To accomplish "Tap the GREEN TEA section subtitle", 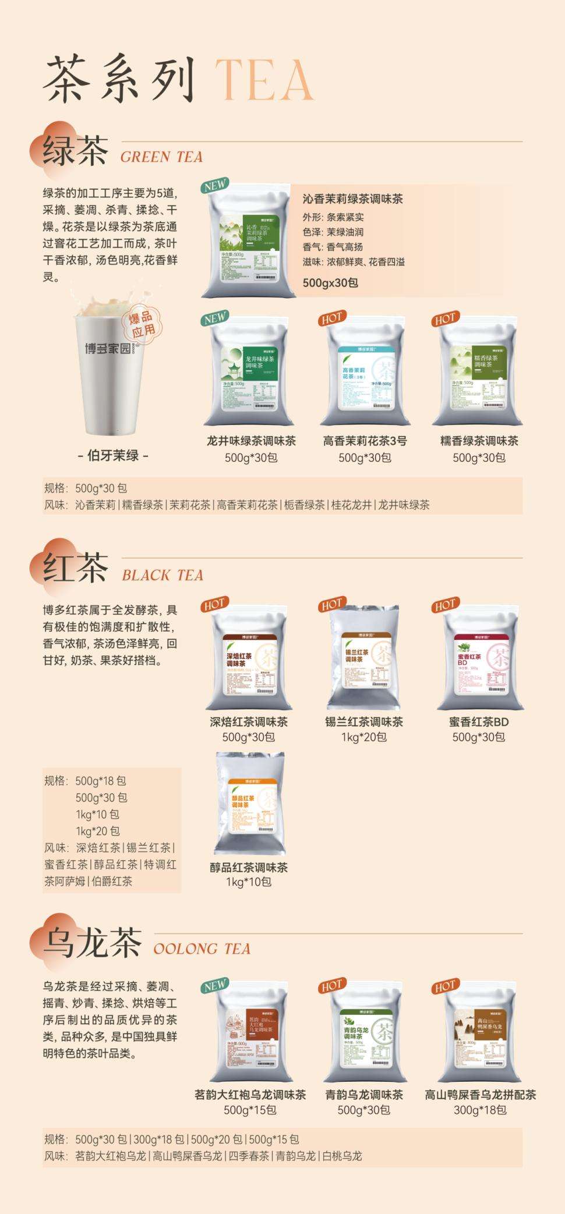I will point(161,157).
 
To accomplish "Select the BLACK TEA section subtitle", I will point(163,575).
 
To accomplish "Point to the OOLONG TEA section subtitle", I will point(202,948).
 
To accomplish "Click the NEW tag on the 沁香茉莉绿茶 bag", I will point(214,186).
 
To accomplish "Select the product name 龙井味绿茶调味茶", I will point(251,441).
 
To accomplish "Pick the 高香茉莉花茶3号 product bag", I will point(365,373).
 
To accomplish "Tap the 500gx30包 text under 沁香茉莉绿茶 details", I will point(330,282).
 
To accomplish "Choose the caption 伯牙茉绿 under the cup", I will point(113,455).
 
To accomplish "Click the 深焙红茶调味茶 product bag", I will point(249,658).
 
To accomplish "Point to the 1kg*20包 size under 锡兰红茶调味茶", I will point(364,737).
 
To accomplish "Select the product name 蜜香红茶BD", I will point(479,722).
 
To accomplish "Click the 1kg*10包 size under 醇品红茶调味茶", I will point(249,882).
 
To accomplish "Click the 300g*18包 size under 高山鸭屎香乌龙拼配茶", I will point(480,1110).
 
